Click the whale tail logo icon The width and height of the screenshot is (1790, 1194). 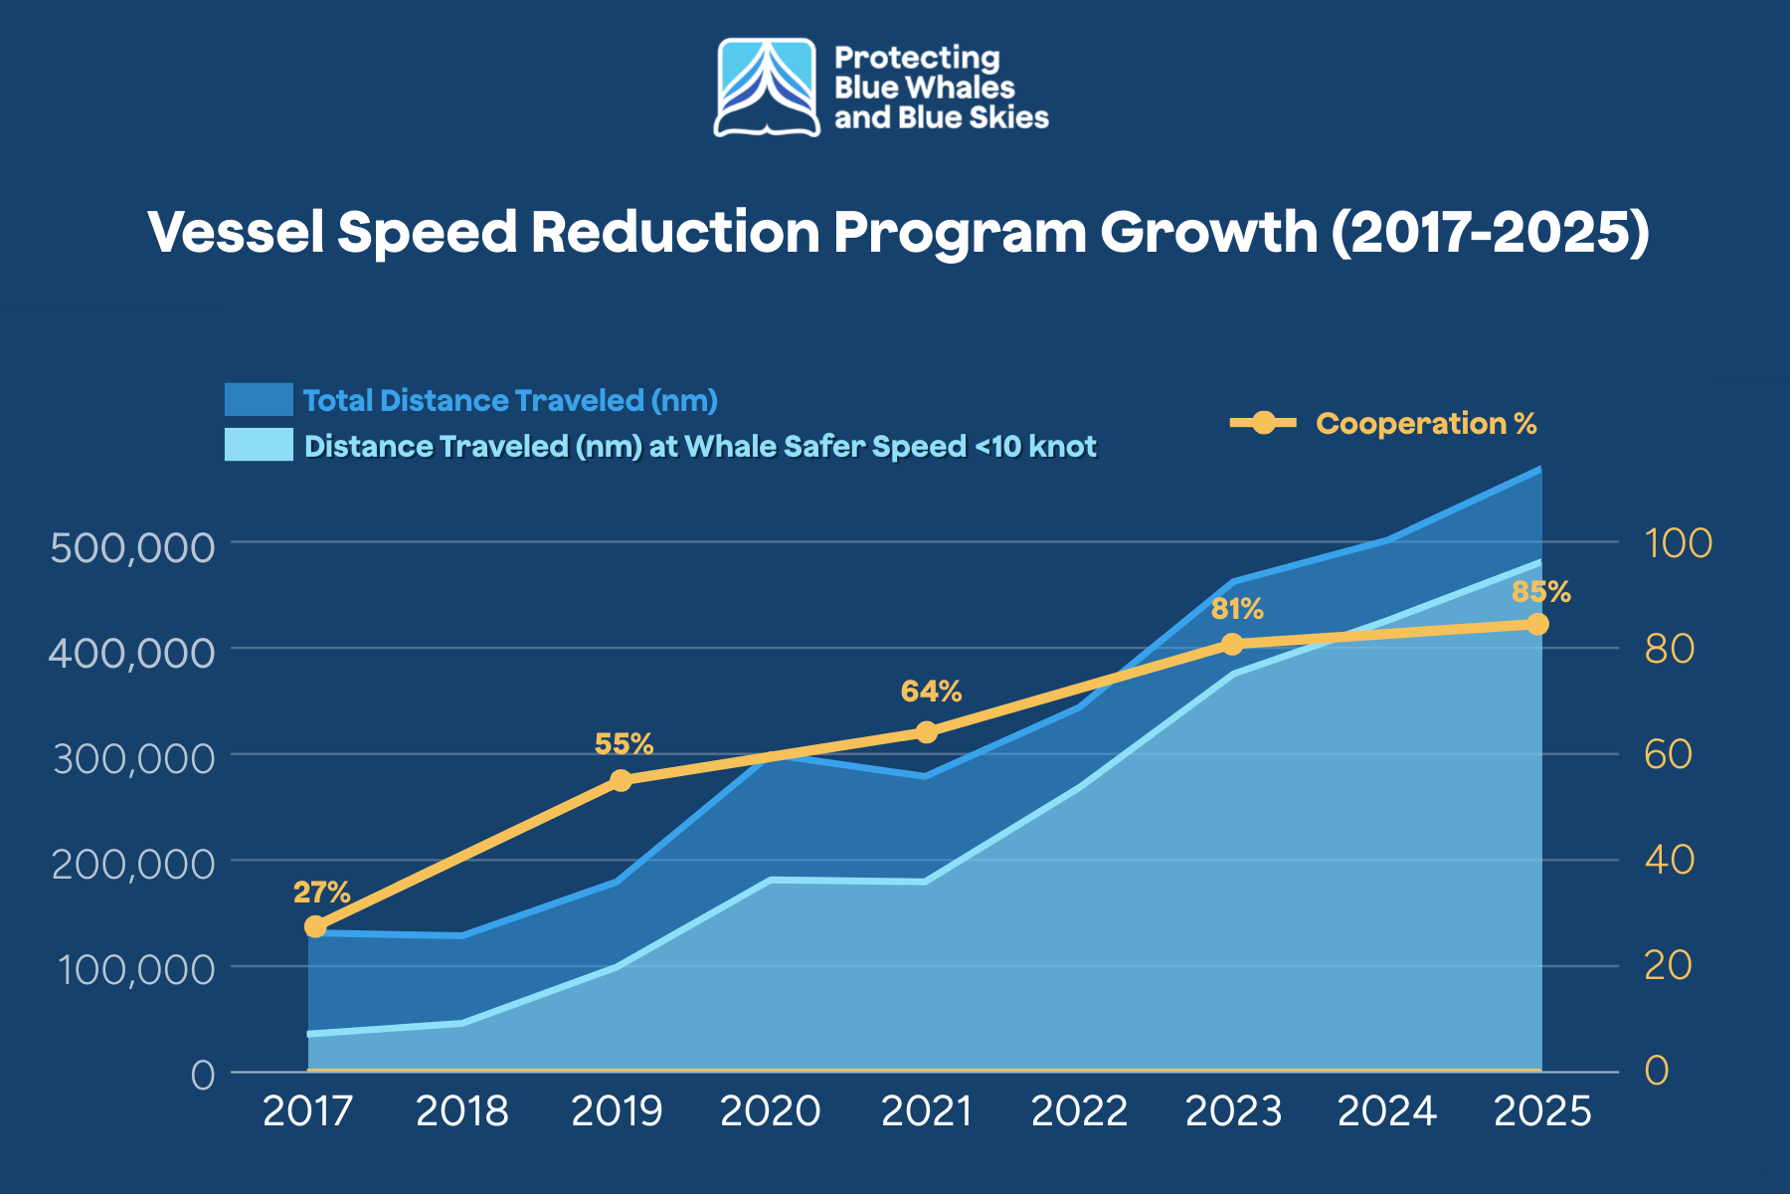(x=767, y=88)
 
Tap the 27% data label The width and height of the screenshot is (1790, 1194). (x=321, y=892)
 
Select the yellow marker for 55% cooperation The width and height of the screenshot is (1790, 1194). (x=621, y=781)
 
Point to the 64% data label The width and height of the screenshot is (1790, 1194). (x=931, y=692)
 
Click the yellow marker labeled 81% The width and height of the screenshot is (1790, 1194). (x=1232, y=645)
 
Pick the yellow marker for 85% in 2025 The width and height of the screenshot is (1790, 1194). (x=1537, y=624)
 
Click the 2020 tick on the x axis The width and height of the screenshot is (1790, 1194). (x=770, y=1111)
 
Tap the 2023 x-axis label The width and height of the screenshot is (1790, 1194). (x=1233, y=1111)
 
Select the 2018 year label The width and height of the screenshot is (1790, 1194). (x=461, y=1111)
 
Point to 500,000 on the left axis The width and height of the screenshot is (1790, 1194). (x=132, y=547)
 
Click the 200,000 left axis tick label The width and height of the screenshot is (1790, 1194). (x=132, y=864)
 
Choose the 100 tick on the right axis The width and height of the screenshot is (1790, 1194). (x=1678, y=543)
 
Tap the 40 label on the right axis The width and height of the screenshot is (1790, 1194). (x=1669, y=860)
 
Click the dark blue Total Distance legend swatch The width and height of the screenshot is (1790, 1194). (x=259, y=400)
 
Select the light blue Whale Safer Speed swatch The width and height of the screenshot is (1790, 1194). (x=259, y=445)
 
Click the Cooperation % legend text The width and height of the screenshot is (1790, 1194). (x=1426, y=424)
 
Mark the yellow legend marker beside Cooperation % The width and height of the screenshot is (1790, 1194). (x=1263, y=423)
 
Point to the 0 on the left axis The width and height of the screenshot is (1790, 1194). (x=203, y=1075)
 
